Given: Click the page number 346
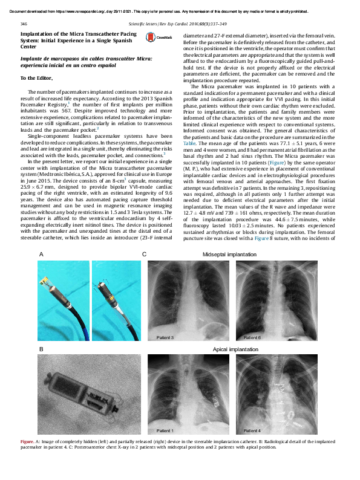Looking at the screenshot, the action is point(24,22).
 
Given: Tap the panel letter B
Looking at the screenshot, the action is point(41,349).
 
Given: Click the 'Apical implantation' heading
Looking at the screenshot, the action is point(235,349).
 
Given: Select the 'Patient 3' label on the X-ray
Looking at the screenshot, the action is point(165,337).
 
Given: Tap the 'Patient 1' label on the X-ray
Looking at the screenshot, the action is point(165,430).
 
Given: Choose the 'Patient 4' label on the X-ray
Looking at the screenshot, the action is point(252,430).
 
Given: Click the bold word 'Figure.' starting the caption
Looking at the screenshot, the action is point(28,442).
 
